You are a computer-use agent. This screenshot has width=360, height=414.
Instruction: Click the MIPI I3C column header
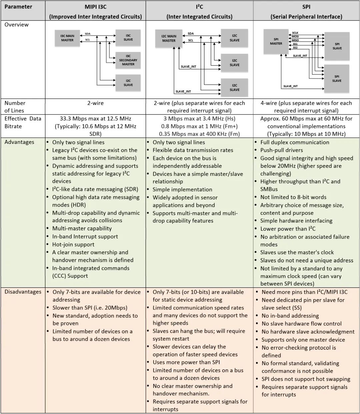[x=95, y=11]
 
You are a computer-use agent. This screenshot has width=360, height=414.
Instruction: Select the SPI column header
[x=306, y=11]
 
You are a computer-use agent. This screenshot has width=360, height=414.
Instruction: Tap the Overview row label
[x=17, y=25]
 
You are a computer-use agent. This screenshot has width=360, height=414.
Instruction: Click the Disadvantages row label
[x=23, y=292]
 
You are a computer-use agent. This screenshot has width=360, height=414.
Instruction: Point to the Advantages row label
[x=19, y=142]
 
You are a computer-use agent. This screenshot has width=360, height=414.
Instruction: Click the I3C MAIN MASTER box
[x=67, y=38]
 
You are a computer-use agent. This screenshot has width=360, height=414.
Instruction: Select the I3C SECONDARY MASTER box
[x=128, y=60]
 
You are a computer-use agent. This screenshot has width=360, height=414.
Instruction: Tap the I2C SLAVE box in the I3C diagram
[x=128, y=83]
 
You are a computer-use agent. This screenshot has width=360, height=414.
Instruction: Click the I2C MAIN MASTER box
[x=169, y=38]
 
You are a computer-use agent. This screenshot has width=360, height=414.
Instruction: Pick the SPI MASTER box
[x=276, y=41]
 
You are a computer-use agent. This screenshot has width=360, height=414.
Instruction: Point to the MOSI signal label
[x=295, y=37]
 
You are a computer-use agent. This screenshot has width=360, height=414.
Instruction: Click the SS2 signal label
[x=295, y=48]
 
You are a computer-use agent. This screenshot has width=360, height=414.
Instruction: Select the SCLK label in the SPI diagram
[x=295, y=33]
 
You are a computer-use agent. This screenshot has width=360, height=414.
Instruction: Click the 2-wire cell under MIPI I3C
[x=95, y=103]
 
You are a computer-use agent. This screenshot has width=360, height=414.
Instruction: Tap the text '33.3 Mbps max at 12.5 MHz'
[x=95, y=119]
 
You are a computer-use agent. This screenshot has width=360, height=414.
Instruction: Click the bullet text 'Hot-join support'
[x=73, y=244]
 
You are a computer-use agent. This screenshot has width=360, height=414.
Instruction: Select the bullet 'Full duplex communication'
[x=295, y=142]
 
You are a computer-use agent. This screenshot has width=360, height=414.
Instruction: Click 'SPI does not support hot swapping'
[x=306, y=379]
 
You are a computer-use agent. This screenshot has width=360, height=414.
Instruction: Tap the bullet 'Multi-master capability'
[x=82, y=228]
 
